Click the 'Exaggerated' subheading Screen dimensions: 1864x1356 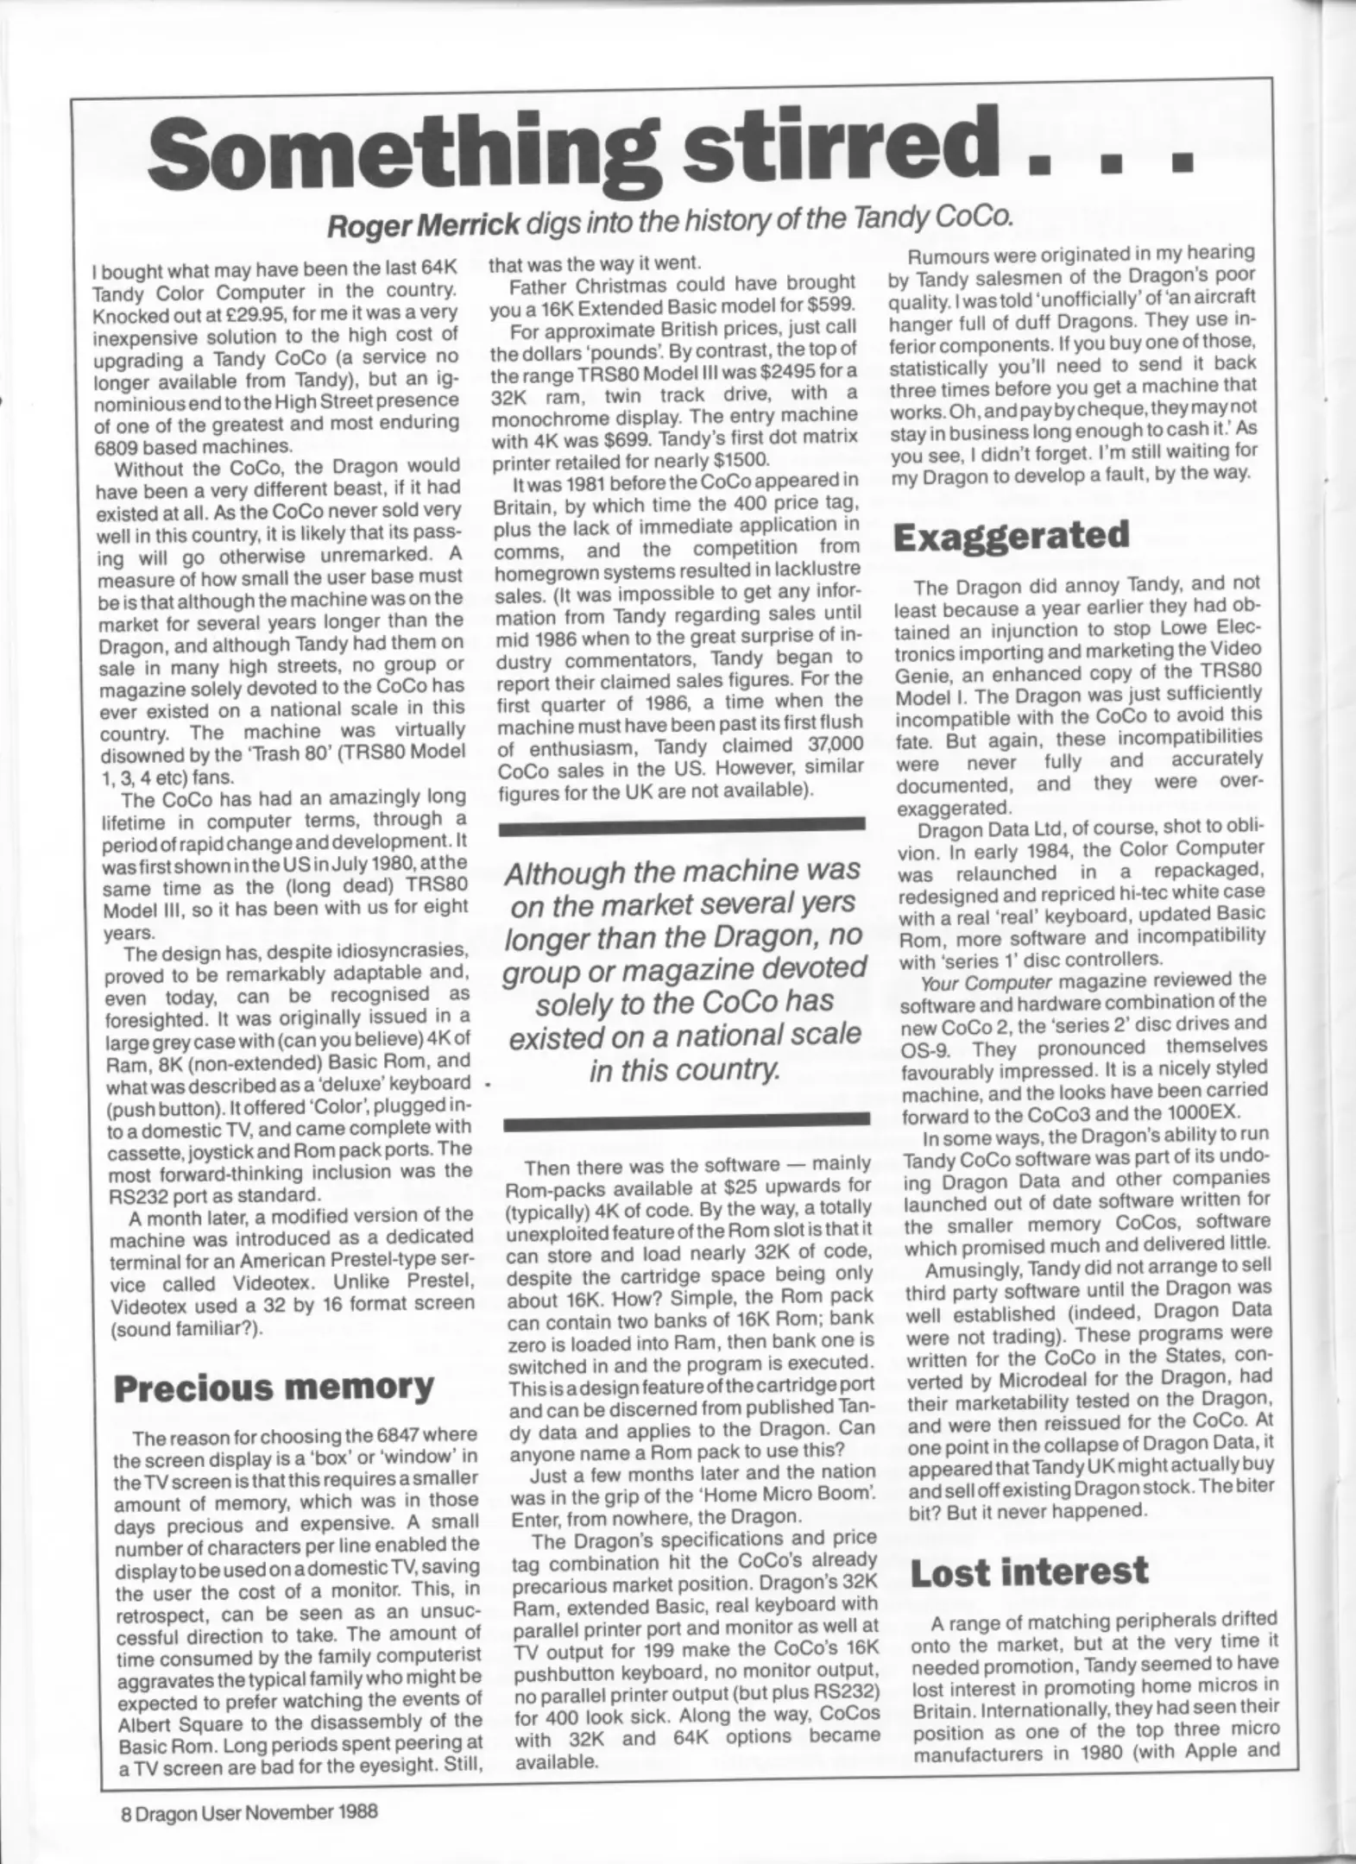coord(1011,536)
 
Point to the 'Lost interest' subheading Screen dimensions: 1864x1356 coord(1030,1572)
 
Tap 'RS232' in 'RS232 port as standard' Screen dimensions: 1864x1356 coord(140,1195)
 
